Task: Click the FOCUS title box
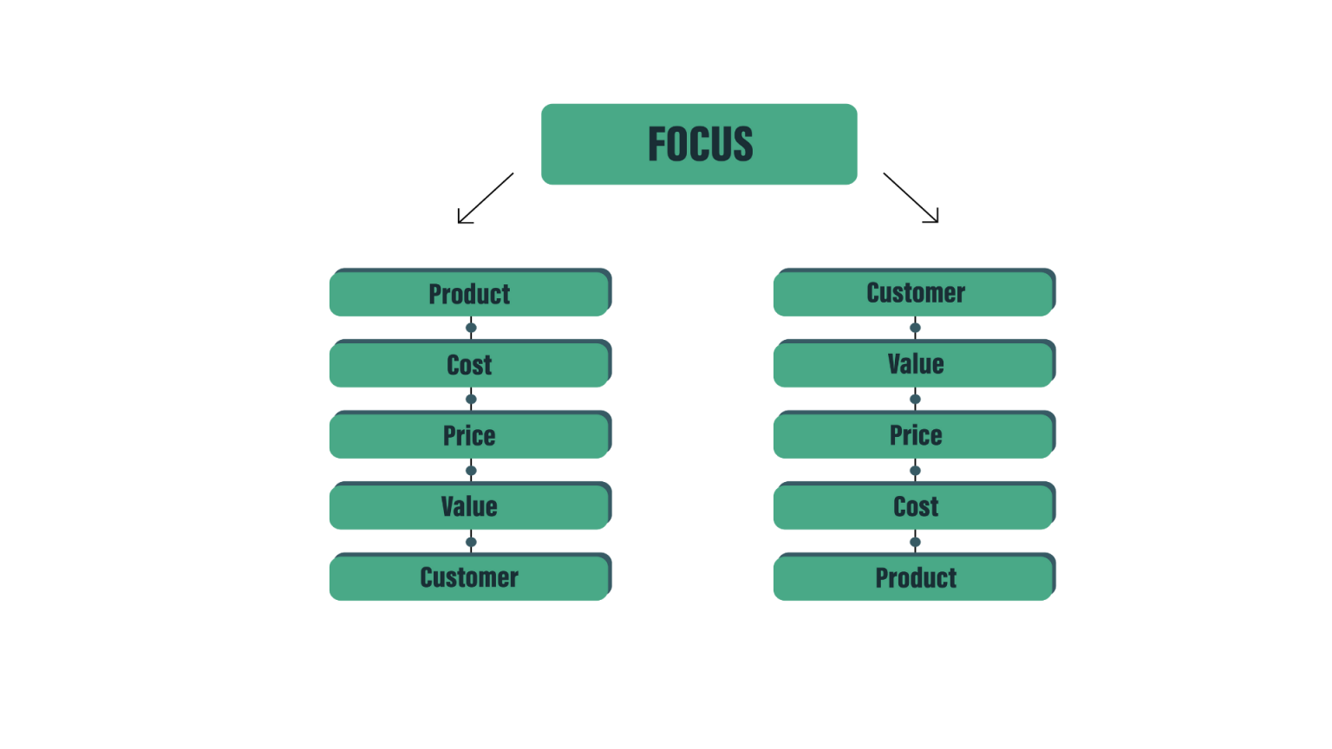tap(699, 144)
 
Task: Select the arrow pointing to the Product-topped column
tap(485, 199)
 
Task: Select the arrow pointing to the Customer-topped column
tap(911, 199)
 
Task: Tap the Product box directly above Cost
tap(469, 294)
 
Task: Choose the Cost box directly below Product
tap(469, 365)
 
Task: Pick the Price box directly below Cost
tap(469, 436)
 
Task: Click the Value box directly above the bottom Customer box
tap(469, 507)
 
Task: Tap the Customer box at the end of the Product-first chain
tap(469, 578)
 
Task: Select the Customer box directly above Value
tap(914, 294)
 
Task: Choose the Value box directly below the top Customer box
tap(914, 365)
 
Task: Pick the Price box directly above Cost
tap(914, 436)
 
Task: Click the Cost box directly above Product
tap(914, 507)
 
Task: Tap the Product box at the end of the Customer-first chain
tap(914, 578)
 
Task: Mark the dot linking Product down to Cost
tap(471, 328)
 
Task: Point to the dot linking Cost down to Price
tap(471, 400)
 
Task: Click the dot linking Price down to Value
tap(471, 471)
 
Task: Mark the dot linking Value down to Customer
tap(471, 542)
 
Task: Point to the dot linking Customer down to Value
tap(915, 328)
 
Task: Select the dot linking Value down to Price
tap(915, 400)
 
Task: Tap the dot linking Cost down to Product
tap(915, 542)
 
